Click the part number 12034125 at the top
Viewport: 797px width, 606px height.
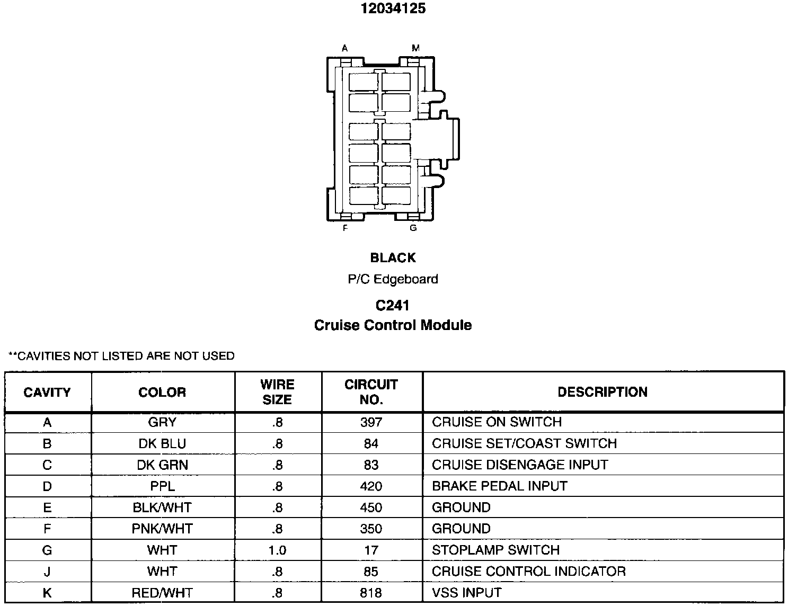393,9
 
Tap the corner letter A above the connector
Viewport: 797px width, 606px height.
344,48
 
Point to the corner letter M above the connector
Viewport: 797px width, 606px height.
415,48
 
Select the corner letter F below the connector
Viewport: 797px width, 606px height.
345,228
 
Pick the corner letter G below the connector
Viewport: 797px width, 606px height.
413,228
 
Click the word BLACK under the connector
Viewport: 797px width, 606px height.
393,258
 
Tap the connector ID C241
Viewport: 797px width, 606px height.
393,306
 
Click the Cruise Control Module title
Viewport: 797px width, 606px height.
393,325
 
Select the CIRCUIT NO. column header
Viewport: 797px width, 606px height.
371,392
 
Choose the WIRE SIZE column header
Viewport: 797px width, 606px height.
277,392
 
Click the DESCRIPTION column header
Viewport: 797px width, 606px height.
603,392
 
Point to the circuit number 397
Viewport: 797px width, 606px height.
371,422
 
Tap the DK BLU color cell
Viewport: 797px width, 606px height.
162,444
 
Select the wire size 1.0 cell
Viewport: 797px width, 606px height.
277,550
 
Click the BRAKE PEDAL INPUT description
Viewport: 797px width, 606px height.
499,486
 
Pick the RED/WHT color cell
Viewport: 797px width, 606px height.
162,593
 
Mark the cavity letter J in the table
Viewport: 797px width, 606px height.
47,572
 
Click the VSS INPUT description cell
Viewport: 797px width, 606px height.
466,593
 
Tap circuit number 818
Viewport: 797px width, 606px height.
371,593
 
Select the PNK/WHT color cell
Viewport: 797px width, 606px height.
162,529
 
